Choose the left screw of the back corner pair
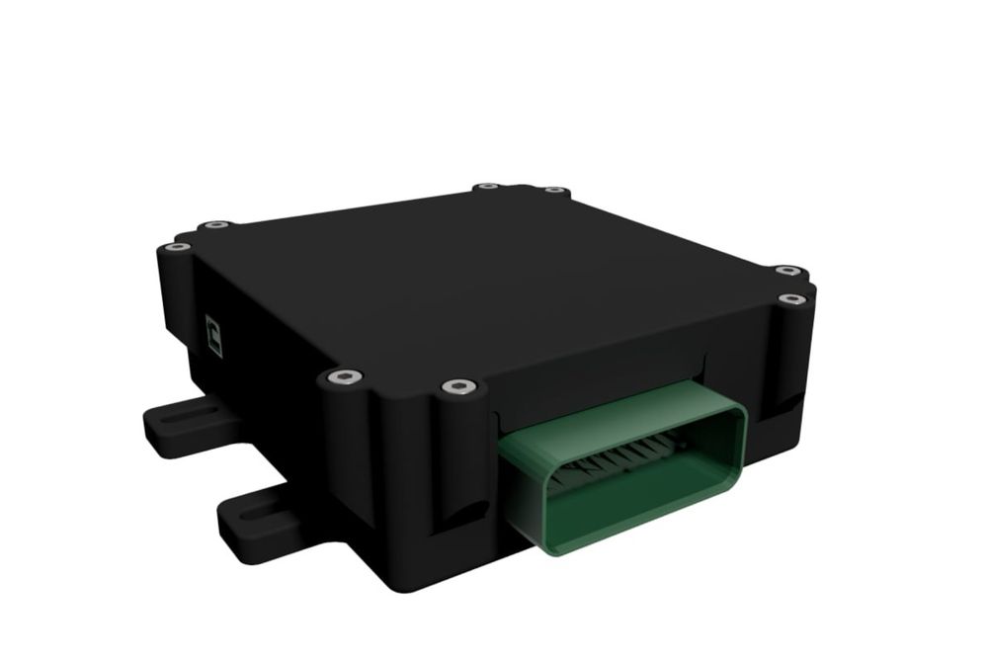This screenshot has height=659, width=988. tap(485, 186)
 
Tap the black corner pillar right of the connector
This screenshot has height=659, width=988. tap(790, 366)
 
